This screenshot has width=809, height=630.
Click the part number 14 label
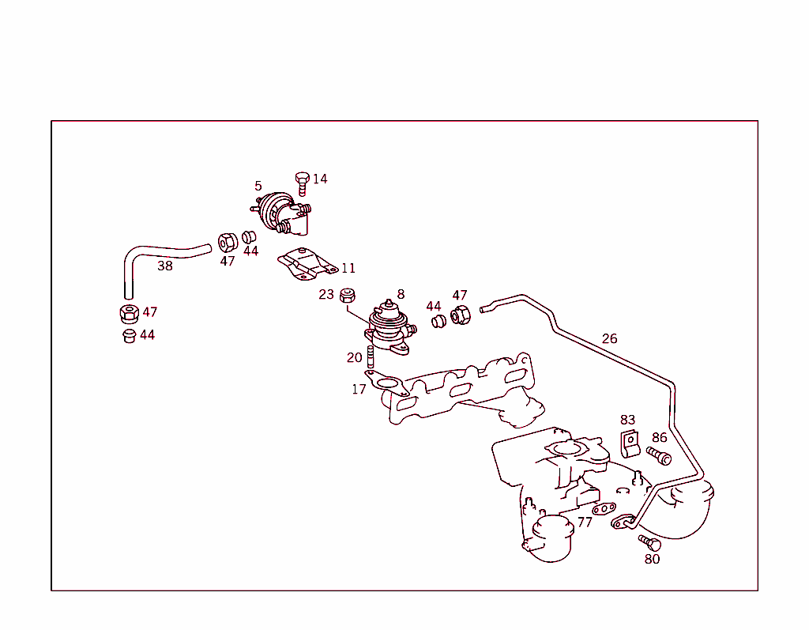319,179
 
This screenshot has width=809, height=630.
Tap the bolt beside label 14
302,183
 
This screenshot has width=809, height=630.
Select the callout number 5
258,187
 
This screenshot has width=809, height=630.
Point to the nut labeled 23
347,296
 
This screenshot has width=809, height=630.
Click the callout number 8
401,294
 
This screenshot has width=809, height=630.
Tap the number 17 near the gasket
359,389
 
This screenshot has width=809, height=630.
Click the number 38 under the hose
164,266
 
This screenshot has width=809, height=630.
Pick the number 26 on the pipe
609,339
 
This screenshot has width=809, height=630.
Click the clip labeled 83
629,444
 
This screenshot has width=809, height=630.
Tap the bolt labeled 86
659,455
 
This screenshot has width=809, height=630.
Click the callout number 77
584,522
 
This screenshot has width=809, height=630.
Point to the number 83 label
627,420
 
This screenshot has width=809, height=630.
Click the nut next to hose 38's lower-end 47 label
129,313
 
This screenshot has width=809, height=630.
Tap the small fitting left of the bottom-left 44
130,337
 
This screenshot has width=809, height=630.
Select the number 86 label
659,437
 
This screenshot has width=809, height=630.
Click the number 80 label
652,559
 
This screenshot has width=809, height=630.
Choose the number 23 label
326,295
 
